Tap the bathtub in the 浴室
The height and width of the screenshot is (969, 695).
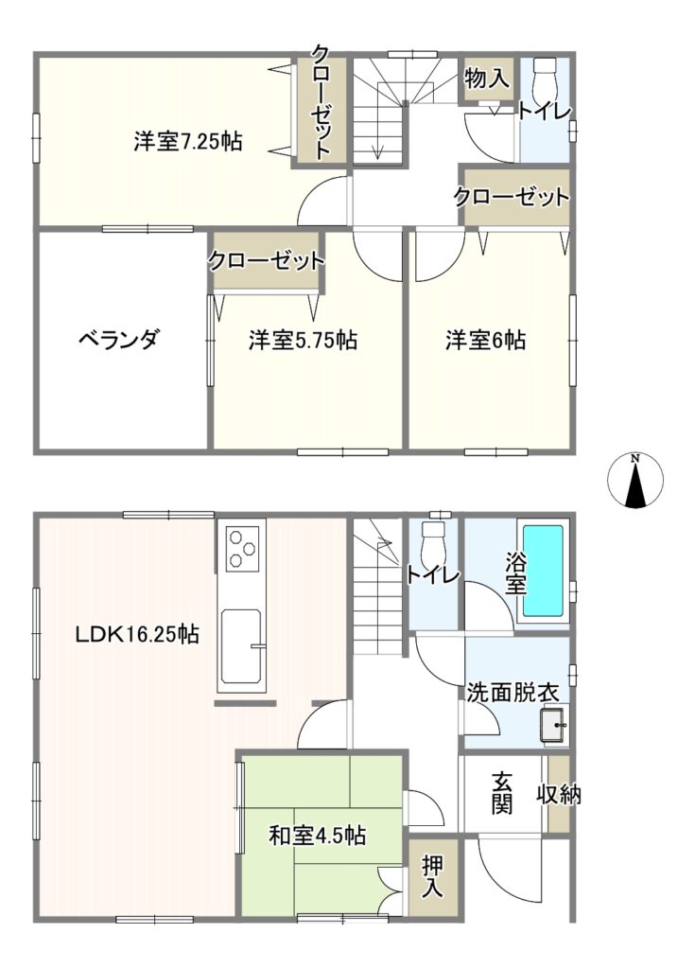(543, 571)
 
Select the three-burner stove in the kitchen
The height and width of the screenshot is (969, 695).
(241, 548)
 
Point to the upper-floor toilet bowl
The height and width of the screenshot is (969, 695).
(545, 75)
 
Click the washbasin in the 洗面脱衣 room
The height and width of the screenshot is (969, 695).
(553, 724)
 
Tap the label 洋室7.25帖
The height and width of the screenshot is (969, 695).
(188, 142)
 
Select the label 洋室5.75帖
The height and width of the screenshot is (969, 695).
(303, 340)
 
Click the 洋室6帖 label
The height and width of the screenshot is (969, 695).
(486, 340)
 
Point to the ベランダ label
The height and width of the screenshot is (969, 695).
(119, 340)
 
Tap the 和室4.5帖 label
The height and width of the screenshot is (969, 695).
(317, 836)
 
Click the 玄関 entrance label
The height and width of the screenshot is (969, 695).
(502, 794)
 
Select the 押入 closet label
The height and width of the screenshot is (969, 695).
(432, 877)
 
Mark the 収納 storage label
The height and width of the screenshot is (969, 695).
(559, 794)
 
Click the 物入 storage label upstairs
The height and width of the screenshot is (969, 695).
(487, 78)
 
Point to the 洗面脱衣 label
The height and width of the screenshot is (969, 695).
(513, 693)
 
